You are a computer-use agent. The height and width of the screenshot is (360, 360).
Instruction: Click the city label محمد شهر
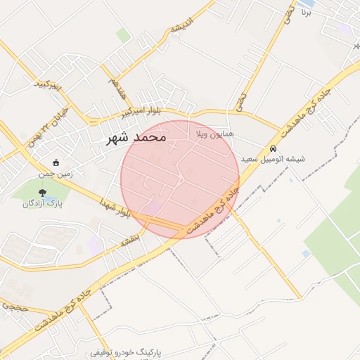[136, 137]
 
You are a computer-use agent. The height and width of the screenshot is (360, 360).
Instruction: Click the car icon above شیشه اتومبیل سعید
[272, 149]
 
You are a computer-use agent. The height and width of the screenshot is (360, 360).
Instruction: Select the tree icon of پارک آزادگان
[44, 192]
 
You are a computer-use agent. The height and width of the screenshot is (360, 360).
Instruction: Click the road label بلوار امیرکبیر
[141, 112]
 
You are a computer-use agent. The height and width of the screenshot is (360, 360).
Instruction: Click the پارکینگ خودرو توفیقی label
[127, 351]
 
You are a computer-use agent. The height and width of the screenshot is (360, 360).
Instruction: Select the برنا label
[306, 12]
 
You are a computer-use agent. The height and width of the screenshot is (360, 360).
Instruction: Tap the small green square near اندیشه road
[123, 34]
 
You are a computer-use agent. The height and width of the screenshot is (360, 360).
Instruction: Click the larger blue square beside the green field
[306, 253]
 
